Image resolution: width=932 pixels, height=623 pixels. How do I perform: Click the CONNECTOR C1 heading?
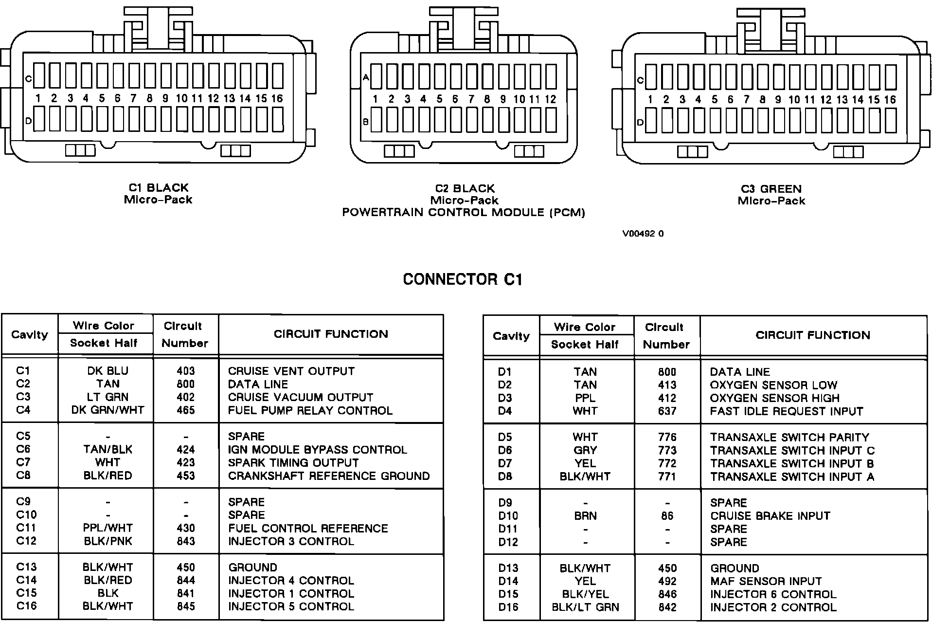click(463, 279)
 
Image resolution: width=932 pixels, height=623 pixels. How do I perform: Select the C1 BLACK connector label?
click(159, 188)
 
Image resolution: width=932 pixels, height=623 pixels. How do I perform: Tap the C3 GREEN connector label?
click(771, 189)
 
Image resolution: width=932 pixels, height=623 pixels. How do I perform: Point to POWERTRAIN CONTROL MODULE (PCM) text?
click(464, 213)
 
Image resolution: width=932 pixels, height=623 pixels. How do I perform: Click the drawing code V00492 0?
click(643, 234)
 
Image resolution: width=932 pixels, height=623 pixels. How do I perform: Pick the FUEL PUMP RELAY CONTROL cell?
click(310, 410)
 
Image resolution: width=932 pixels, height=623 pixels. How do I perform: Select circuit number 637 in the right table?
click(667, 411)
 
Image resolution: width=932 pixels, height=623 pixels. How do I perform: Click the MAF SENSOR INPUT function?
click(766, 581)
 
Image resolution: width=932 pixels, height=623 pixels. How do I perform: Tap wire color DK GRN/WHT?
click(108, 410)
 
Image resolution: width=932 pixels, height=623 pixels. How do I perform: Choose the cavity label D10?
click(508, 516)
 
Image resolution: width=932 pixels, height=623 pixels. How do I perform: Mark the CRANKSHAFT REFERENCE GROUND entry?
click(329, 476)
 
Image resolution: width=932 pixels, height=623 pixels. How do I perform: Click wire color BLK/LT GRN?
click(585, 607)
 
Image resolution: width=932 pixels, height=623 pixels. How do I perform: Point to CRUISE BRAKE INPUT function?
click(770, 516)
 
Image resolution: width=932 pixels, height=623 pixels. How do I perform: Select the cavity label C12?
click(26, 541)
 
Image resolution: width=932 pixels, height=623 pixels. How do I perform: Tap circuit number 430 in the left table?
click(186, 528)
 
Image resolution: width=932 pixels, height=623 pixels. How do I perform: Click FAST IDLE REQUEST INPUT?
click(786, 411)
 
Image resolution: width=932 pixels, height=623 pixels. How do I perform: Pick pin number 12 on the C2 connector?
click(550, 99)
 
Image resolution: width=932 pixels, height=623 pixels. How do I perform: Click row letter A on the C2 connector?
click(366, 77)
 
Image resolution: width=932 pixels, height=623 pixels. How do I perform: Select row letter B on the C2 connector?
click(366, 122)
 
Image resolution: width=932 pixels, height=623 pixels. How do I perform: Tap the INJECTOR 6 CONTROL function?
click(773, 594)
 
